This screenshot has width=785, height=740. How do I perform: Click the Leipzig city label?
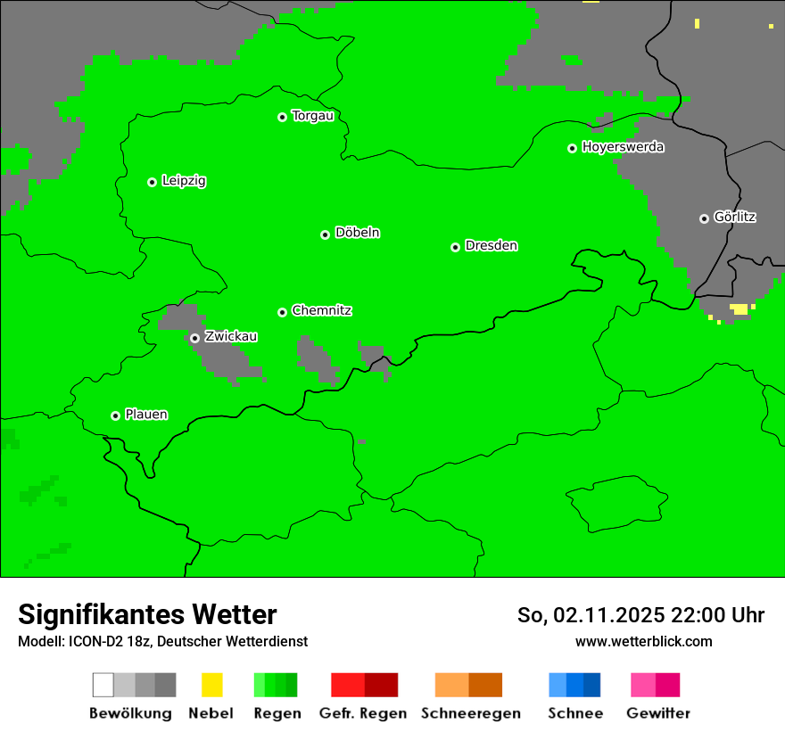pos(184,181)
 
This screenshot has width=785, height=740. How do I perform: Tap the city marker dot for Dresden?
pos(455,247)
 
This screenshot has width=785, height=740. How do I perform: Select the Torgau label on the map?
pos(312,116)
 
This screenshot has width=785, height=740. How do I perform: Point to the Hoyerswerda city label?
pos(623,147)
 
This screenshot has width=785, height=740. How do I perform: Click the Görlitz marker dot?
pos(704,218)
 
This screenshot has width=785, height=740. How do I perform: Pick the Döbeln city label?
pos(357,233)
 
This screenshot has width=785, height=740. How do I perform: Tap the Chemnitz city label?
pos(321,311)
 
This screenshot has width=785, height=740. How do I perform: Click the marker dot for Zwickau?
pos(194,338)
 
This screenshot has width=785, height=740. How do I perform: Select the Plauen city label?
pos(146,415)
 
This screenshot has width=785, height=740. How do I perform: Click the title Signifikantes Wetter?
pos(147,614)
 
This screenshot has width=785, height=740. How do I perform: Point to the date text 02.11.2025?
pos(608,615)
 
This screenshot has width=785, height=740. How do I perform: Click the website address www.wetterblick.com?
pos(643,641)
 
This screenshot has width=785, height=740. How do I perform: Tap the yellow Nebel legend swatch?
pos(211,685)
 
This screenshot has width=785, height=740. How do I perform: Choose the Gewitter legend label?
pos(657,713)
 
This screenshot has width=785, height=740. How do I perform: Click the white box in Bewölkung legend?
pos(103,685)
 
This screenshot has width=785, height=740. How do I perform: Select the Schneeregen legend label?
pos(470,713)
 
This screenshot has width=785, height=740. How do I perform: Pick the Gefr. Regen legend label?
pos(362,713)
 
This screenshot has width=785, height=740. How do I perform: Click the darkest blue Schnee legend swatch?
pos(591,685)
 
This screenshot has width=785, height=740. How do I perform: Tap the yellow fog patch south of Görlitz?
pos(739,309)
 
